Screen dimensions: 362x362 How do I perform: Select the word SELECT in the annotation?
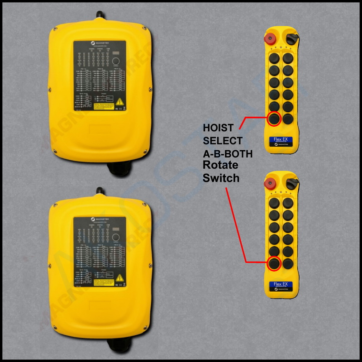222,141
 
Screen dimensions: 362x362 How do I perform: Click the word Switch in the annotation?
221,178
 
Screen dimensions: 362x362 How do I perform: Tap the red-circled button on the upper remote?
274,119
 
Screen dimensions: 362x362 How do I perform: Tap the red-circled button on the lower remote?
274,263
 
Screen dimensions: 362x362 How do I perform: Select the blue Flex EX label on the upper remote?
281,140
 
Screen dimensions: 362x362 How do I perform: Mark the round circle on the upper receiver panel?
117,61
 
